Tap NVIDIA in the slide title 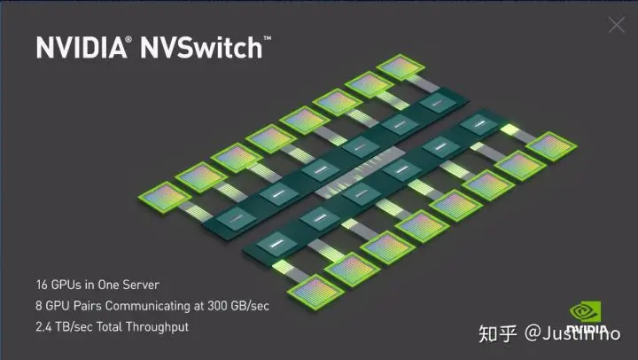[82, 48]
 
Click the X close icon [617, 25]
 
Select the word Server [141, 285]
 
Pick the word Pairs [80, 306]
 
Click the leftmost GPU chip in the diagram [161, 198]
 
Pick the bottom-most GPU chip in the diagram [314, 291]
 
